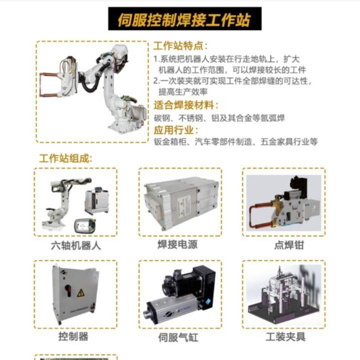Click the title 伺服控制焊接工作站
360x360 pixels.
pyautogui.click(x=183, y=20)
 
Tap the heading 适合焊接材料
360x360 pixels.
pyautogui.click(x=186, y=106)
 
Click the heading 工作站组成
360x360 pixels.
pyautogui.click(x=66, y=159)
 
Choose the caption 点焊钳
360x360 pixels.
pyautogui.click(x=285, y=245)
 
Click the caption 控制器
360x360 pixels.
pyautogui.click(x=73, y=336)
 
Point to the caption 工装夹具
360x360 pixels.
pyautogui.click(x=285, y=336)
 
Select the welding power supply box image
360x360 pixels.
pyautogui.click(x=180, y=200)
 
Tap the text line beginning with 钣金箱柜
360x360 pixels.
pyautogui.click(x=235, y=142)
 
